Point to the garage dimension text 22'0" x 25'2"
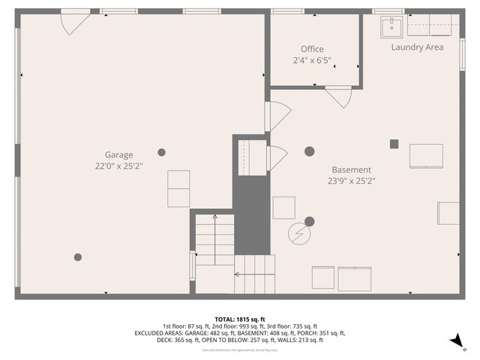click(118, 166)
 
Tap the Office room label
click(312, 49)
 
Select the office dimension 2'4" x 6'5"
click(312, 60)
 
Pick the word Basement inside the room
click(351, 169)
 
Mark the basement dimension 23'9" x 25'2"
click(351, 181)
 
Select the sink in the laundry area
click(392, 28)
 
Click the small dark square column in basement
click(394, 144)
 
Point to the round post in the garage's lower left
click(78, 257)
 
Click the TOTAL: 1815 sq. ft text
click(240, 319)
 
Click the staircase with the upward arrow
click(215, 239)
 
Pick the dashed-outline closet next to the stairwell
click(250, 157)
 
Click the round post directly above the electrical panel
click(309, 221)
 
